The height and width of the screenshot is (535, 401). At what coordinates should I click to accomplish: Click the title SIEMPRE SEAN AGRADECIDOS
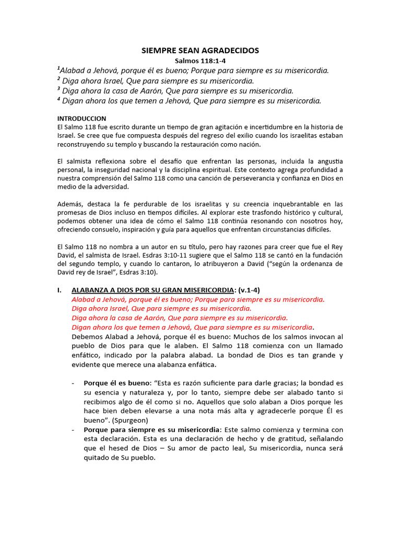pos(200,51)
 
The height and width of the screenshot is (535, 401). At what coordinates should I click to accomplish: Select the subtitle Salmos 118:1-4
pos(200,61)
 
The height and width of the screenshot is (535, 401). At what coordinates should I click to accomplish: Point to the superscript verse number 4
pos(58,99)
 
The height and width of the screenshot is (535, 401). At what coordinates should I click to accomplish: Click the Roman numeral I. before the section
pos(60,290)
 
